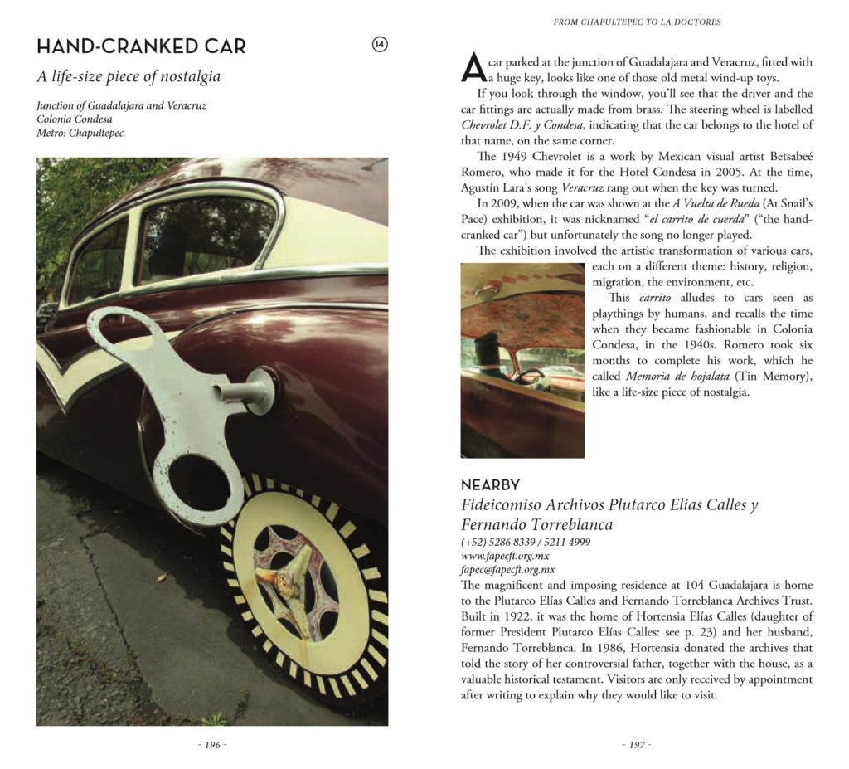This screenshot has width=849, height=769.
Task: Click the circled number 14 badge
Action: [x=380, y=45]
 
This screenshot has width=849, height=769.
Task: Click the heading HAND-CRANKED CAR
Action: [x=141, y=46]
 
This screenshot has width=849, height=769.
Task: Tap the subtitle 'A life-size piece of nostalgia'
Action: [x=129, y=77]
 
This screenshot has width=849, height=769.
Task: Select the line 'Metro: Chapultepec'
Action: [x=80, y=133]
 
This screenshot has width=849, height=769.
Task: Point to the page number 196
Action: [x=211, y=745]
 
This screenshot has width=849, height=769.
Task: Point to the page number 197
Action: [x=636, y=745]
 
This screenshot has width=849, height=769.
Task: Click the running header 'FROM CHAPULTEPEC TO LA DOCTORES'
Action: [x=637, y=22]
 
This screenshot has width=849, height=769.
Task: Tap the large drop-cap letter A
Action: [x=472, y=68]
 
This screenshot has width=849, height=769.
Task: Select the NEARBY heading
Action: [x=490, y=485]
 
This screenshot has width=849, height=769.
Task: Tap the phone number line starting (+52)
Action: [x=526, y=542]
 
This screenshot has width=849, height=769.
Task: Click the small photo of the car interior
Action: [x=522, y=360]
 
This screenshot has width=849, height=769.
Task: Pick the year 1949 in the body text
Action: [x=516, y=156]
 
